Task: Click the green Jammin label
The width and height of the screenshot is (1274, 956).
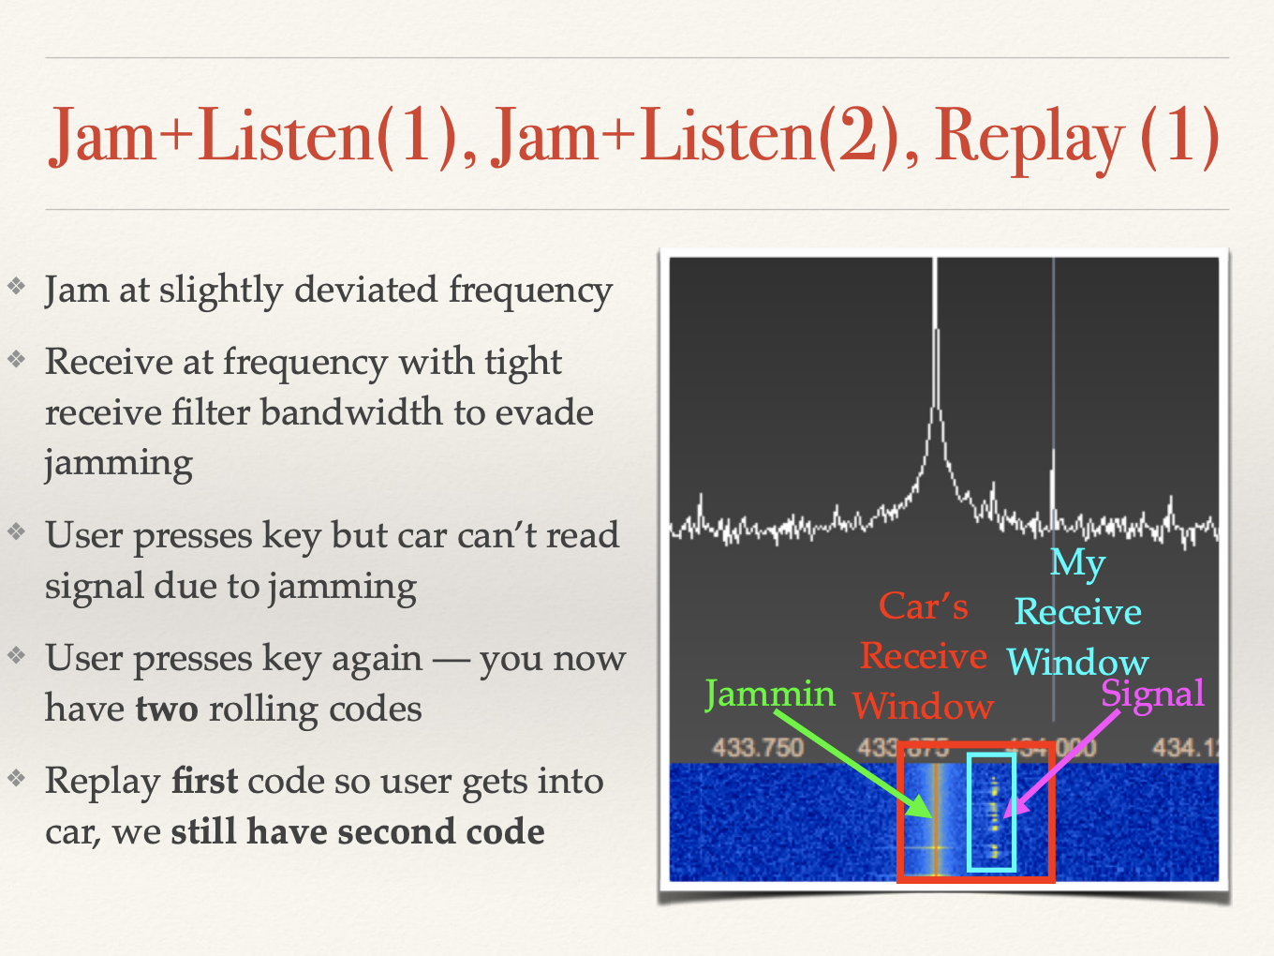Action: coord(770,694)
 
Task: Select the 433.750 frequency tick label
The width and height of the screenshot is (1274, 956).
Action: coord(758,748)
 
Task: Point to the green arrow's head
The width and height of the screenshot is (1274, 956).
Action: coord(920,807)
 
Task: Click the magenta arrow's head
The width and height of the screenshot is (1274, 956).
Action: coord(1013,807)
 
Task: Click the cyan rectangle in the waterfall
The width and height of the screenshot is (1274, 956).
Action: coord(969,813)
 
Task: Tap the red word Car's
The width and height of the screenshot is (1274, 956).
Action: coord(923,606)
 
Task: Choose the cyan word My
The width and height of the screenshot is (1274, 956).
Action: coord(1078,563)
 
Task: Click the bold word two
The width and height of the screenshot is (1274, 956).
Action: coord(167,710)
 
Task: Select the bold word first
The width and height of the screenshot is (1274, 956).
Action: coord(204,781)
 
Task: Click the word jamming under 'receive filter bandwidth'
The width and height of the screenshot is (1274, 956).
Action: coord(119,464)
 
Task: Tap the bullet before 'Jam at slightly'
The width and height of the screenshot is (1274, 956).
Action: coord(17,286)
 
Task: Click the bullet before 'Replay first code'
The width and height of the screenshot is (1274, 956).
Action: coord(17,777)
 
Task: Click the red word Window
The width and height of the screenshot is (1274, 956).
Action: coord(923,707)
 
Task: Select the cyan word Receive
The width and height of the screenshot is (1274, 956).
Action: coord(1078,612)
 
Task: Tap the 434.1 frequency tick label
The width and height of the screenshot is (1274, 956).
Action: coord(1185,748)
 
